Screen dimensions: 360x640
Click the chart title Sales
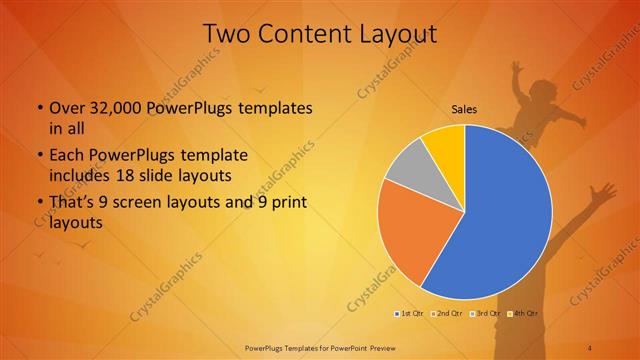point(463,108)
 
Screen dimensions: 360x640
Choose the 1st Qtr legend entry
point(410,314)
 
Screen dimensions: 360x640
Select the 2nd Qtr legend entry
point(448,314)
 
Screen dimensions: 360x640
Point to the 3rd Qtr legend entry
point(487,314)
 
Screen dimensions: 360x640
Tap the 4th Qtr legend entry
point(526,314)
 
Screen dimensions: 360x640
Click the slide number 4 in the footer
point(590,346)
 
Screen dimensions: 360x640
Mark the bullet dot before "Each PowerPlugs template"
point(39,156)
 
